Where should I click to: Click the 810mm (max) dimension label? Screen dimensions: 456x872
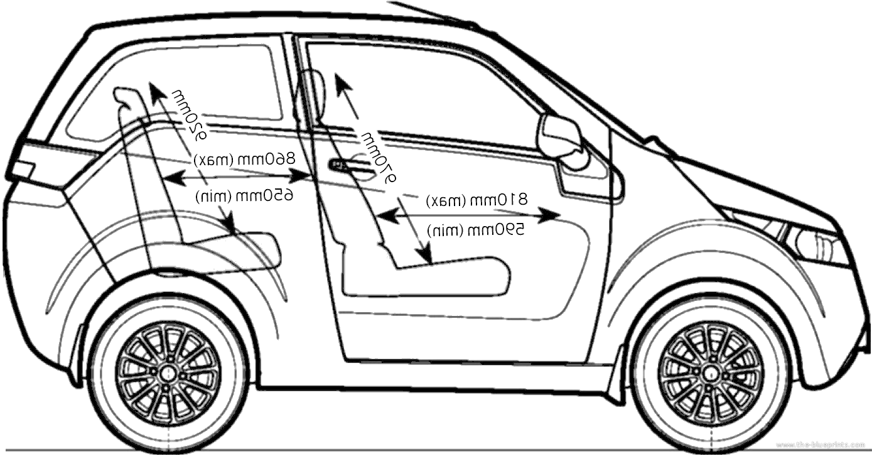[x=477, y=200]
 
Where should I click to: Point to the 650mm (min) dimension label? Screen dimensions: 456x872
[x=244, y=195]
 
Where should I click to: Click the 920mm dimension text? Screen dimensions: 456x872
[x=190, y=113]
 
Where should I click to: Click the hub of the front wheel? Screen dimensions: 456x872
[x=710, y=372]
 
